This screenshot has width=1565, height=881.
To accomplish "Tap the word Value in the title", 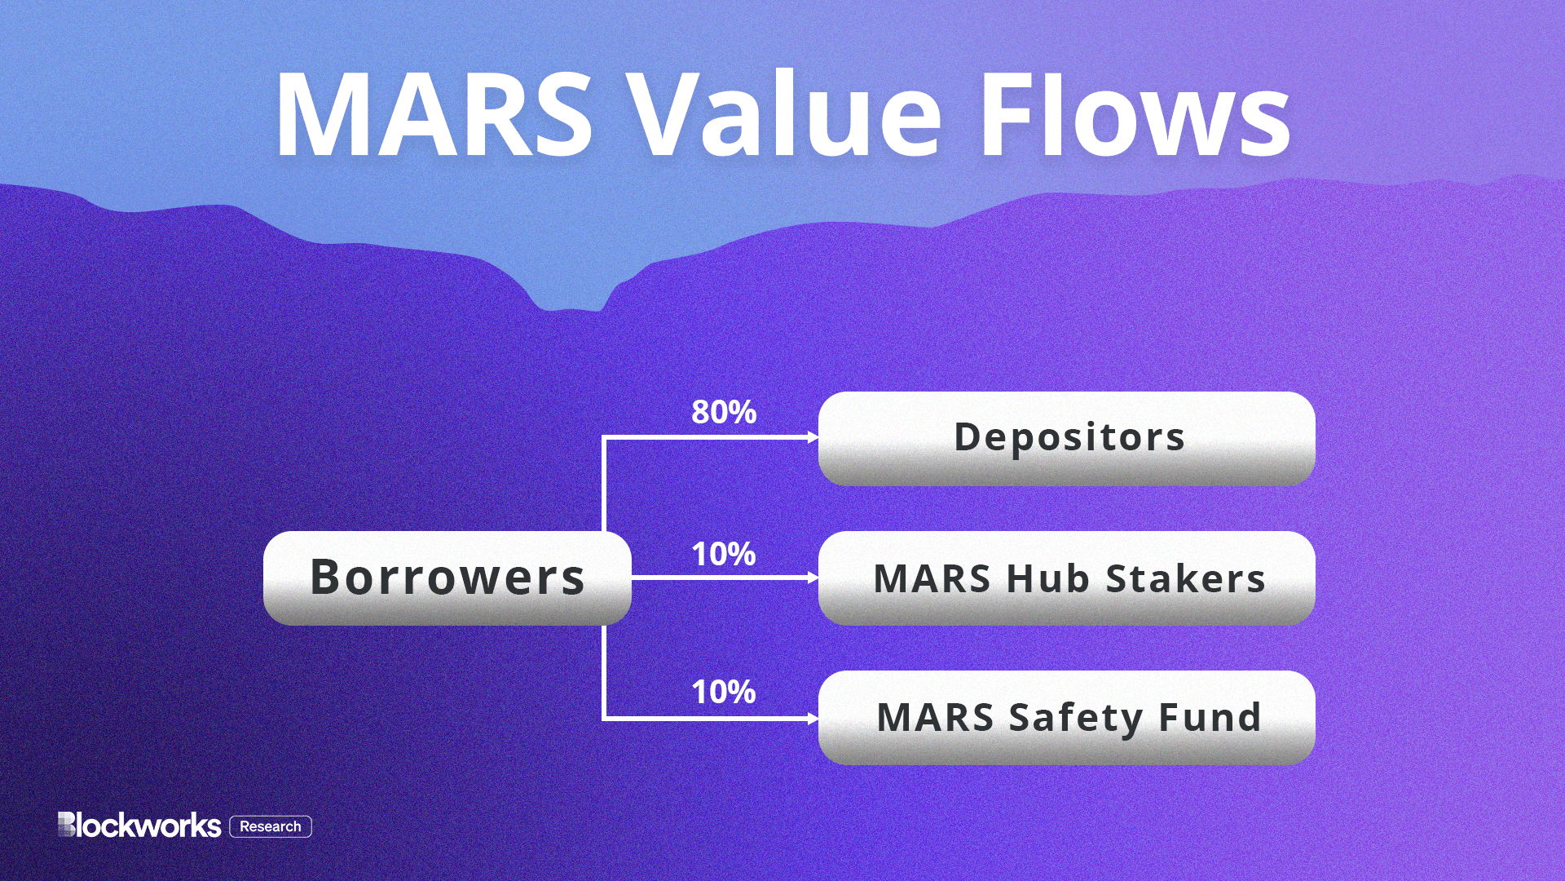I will pyautogui.click(x=787, y=116).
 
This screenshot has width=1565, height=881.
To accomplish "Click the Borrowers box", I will pyautogui.click(x=447, y=578).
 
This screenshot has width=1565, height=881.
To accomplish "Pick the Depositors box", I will pyautogui.click(x=1066, y=438).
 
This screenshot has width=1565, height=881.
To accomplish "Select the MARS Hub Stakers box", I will pyautogui.click(x=1066, y=578).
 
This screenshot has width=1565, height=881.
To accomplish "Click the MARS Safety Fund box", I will pyautogui.click(x=1066, y=718).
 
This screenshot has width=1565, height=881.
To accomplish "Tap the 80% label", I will pyautogui.click(x=724, y=412).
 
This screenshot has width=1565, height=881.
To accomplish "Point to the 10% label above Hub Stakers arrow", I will pyautogui.click(x=724, y=555).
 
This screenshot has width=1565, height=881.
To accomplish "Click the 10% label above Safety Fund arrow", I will pyautogui.click(x=724, y=693).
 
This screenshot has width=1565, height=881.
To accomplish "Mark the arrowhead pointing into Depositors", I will pyautogui.click(x=813, y=438).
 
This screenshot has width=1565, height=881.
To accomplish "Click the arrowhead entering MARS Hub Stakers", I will pyautogui.click(x=813, y=578).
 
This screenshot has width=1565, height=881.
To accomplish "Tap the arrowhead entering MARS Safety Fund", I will pyautogui.click(x=813, y=719).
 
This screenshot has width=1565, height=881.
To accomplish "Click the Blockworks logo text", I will pyautogui.click(x=139, y=826).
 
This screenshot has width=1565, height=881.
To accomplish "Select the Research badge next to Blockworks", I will pyautogui.click(x=271, y=826).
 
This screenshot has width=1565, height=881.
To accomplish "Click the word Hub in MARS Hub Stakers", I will pyautogui.click(x=1047, y=579).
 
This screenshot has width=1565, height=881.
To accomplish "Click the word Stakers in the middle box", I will pyautogui.click(x=1185, y=579).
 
